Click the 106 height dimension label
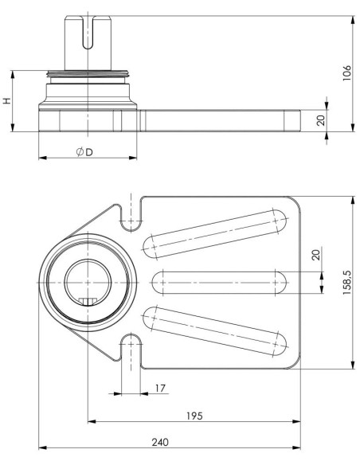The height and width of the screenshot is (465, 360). tap(346, 73)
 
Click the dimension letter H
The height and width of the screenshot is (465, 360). tap(7, 100)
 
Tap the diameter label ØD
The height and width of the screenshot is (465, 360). tap(84, 152)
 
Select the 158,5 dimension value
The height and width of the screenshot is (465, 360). tap(346, 282)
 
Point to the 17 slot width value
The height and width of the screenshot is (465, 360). tap(160, 388)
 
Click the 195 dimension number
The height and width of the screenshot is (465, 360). tap(194, 416)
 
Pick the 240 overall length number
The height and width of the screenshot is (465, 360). tap(160, 442)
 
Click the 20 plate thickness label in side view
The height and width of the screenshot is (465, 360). tap(321, 120)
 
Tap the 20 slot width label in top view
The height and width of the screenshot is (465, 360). tap(316, 255)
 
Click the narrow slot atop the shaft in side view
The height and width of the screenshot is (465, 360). tap(88, 32)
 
